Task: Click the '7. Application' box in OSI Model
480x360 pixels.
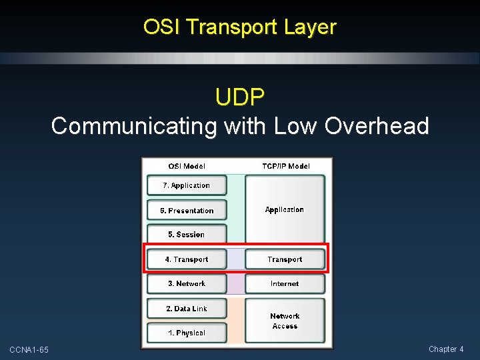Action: [x=187, y=185]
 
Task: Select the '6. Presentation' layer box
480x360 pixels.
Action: [x=187, y=211]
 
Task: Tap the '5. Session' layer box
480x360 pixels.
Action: [x=187, y=235]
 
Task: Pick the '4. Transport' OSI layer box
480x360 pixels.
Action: [x=187, y=259]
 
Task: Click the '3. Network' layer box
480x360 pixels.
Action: [x=187, y=284]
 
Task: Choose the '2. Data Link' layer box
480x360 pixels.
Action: [x=187, y=309]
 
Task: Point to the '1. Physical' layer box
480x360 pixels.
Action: [x=187, y=333]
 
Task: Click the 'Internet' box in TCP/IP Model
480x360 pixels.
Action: [x=285, y=284]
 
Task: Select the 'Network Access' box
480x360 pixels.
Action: [x=285, y=321]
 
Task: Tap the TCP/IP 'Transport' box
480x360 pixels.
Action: [x=285, y=259]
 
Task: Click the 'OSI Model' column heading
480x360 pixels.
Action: [x=187, y=166]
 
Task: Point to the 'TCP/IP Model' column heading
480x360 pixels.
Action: [x=285, y=166]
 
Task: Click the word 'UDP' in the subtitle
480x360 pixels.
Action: [x=240, y=98]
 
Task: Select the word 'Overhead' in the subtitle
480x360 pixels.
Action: [x=377, y=126]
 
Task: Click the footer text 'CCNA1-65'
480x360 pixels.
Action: [x=29, y=350]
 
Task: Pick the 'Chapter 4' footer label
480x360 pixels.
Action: [x=446, y=349]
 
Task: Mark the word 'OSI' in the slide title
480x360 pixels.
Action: [x=162, y=27]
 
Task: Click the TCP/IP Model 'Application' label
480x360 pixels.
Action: [x=285, y=210]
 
